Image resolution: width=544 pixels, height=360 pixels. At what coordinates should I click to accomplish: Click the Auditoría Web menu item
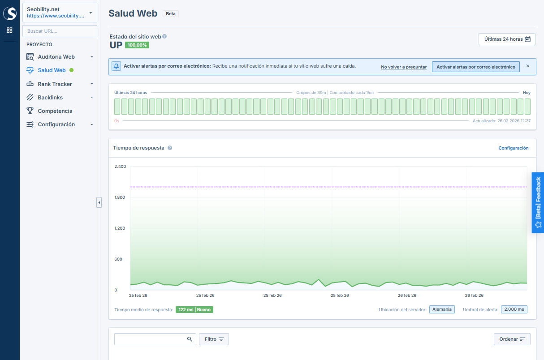pyautogui.click(x=56, y=57)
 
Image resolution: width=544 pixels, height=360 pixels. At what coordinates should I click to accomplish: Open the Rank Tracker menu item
pyautogui.click(x=55, y=84)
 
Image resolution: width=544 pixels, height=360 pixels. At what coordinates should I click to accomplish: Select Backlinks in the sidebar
pyautogui.click(x=50, y=98)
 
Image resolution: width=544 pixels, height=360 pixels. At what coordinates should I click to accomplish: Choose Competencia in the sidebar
pyautogui.click(x=55, y=111)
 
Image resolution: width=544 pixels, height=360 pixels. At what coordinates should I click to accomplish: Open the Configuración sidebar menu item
pyautogui.click(x=56, y=124)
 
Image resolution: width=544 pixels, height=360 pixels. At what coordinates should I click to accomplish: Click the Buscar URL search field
pyautogui.click(x=60, y=31)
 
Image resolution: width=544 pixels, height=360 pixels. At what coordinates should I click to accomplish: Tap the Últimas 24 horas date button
pyautogui.click(x=507, y=39)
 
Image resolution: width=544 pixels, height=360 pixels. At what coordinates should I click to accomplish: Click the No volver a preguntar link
pyautogui.click(x=404, y=67)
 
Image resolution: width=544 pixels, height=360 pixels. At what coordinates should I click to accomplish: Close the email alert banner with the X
pyautogui.click(x=528, y=66)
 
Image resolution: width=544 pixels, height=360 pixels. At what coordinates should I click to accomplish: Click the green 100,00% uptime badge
pyautogui.click(x=137, y=45)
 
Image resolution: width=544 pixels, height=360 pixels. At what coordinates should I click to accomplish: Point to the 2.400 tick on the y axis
pyautogui.click(x=120, y=167)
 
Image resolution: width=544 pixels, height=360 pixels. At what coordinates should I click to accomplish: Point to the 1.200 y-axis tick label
pyautogui.click(x=120, y=228)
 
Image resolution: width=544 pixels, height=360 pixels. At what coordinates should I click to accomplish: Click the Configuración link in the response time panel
pyautogui.click(x=514, y=148)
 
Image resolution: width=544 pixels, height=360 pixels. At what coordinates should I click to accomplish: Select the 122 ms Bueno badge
pyautogui.click(x=194, y=309)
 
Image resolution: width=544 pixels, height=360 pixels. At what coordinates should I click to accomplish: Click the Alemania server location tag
pyautogui.click(x=442, y=309)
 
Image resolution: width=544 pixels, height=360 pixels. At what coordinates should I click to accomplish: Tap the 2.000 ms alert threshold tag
pyautogui.click(x=514, y=309)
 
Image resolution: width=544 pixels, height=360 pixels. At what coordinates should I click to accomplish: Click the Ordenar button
pyautogui.click(x=512, y=339)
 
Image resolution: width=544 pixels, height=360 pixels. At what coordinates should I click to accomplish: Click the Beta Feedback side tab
pyautogui.click(x=538, y=202)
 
